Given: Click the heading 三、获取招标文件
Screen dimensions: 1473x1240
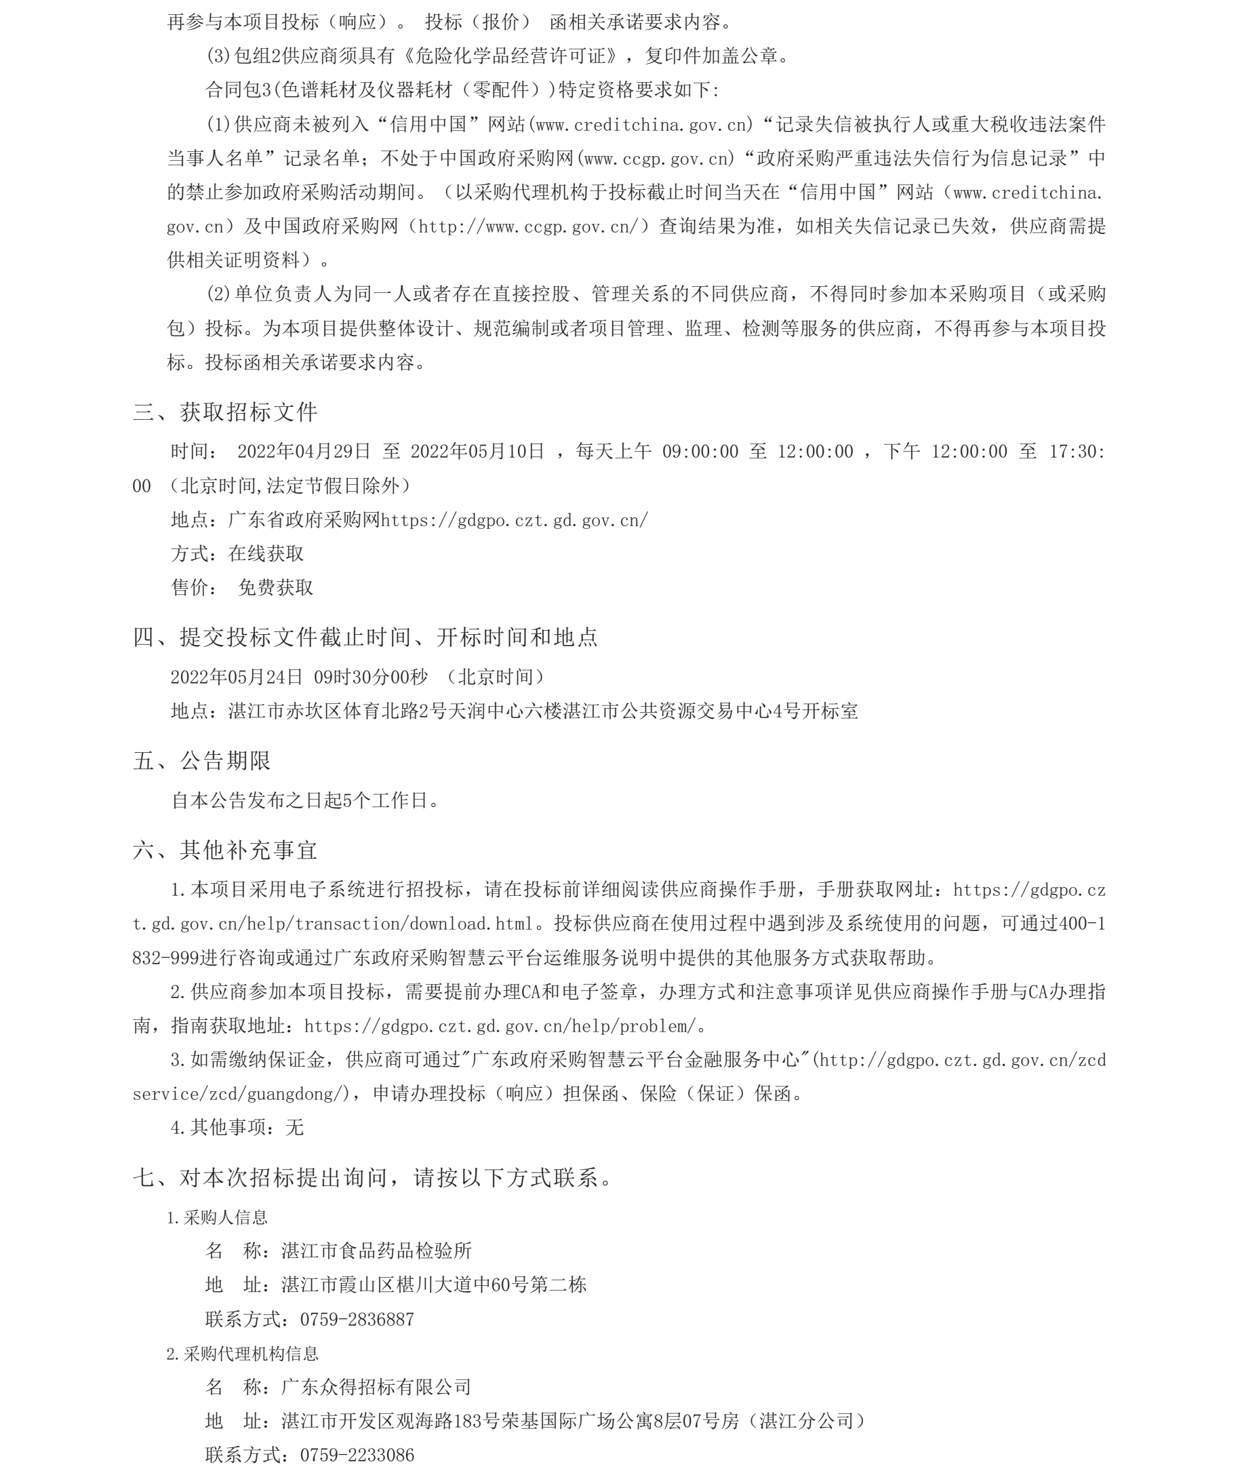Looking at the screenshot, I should [x=225, y=412].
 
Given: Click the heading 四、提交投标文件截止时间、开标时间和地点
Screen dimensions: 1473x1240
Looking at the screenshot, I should [x=365, y=637].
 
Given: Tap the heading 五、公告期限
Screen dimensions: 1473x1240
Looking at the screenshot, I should [x=202, y=761].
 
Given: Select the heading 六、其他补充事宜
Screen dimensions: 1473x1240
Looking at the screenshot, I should [x=225, y=850].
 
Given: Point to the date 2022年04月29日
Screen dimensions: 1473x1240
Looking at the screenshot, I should [x=304, y=452].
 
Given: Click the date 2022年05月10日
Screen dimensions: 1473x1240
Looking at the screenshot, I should [x=477, y=452].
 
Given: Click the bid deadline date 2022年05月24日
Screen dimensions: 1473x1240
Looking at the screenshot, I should [x=236, y=677].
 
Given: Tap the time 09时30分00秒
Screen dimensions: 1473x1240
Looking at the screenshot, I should [x=370, y=677].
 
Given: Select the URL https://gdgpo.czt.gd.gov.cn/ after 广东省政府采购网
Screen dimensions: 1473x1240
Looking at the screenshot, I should [x=515, y=520].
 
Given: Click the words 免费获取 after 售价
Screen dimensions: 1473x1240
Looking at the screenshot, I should [x=275, y=588].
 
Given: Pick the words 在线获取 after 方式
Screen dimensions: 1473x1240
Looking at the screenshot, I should [x=266, y=554].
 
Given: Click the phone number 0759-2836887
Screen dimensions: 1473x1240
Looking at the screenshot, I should [x=357, y=1320].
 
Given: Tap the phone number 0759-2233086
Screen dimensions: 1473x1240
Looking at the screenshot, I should [x=357, y=1455].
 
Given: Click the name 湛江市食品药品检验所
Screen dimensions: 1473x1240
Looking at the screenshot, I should [x=376, y=1251].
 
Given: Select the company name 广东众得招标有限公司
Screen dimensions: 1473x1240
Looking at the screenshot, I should [x=376, y=1388].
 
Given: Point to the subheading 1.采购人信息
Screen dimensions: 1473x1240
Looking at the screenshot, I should [x=217, y=1217].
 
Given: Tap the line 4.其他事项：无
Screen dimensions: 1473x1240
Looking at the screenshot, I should [x=237, y=1128].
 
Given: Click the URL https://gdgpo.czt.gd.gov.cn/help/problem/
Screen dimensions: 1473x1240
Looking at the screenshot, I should [x=500, y=1026].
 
